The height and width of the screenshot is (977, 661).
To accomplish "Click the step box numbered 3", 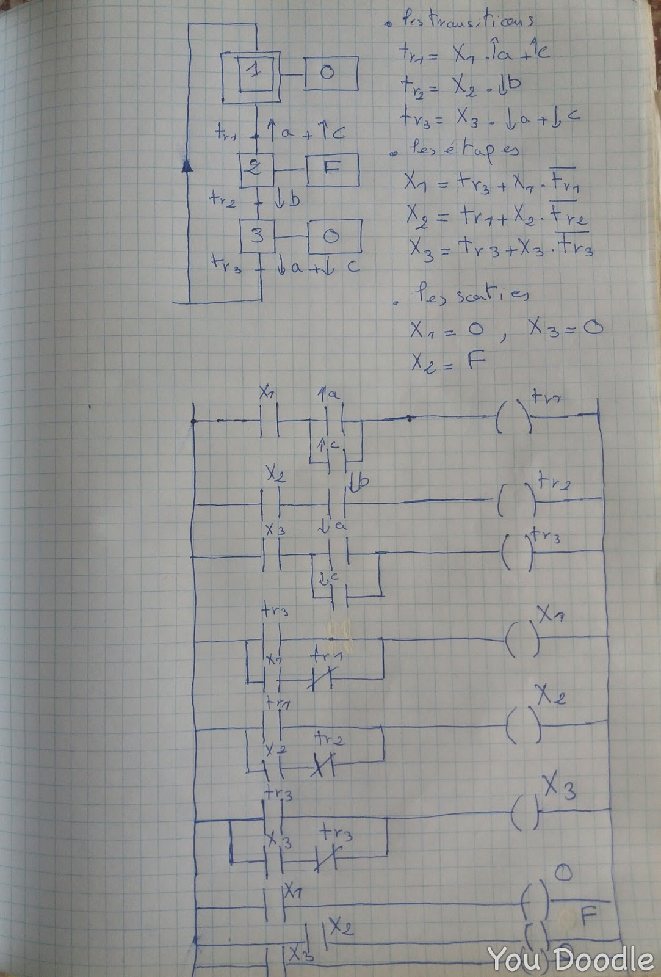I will point(258,235).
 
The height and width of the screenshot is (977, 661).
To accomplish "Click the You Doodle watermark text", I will point(571,959).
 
